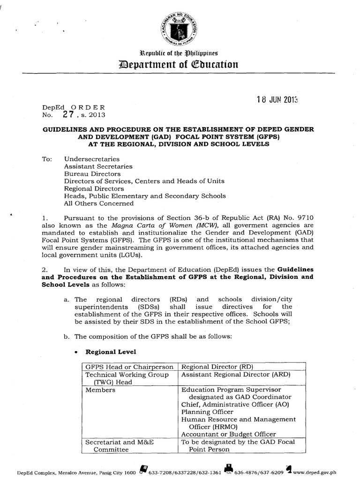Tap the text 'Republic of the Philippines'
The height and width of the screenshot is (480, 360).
point(180,52)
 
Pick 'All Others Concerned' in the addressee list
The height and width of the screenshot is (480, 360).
point(98,203)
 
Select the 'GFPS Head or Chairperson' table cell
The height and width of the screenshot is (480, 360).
point(128,366)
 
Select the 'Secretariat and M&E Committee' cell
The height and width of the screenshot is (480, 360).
point(119,445)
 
